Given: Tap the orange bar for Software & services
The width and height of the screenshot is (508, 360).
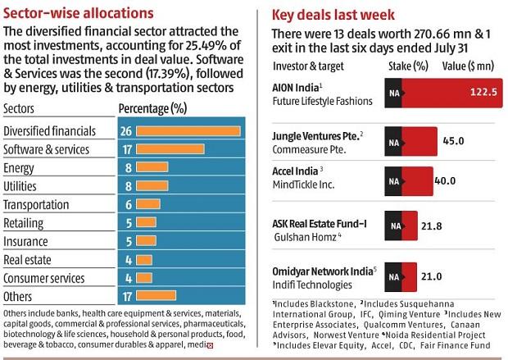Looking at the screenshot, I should [170, 150].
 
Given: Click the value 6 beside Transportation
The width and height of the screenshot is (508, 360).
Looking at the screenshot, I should [128, 205].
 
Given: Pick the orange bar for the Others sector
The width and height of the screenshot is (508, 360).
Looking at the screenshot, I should [170, 297].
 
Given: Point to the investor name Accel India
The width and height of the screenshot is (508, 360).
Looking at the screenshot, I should [295, 170].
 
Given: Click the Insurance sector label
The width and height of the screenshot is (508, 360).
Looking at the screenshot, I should [26, 242].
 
